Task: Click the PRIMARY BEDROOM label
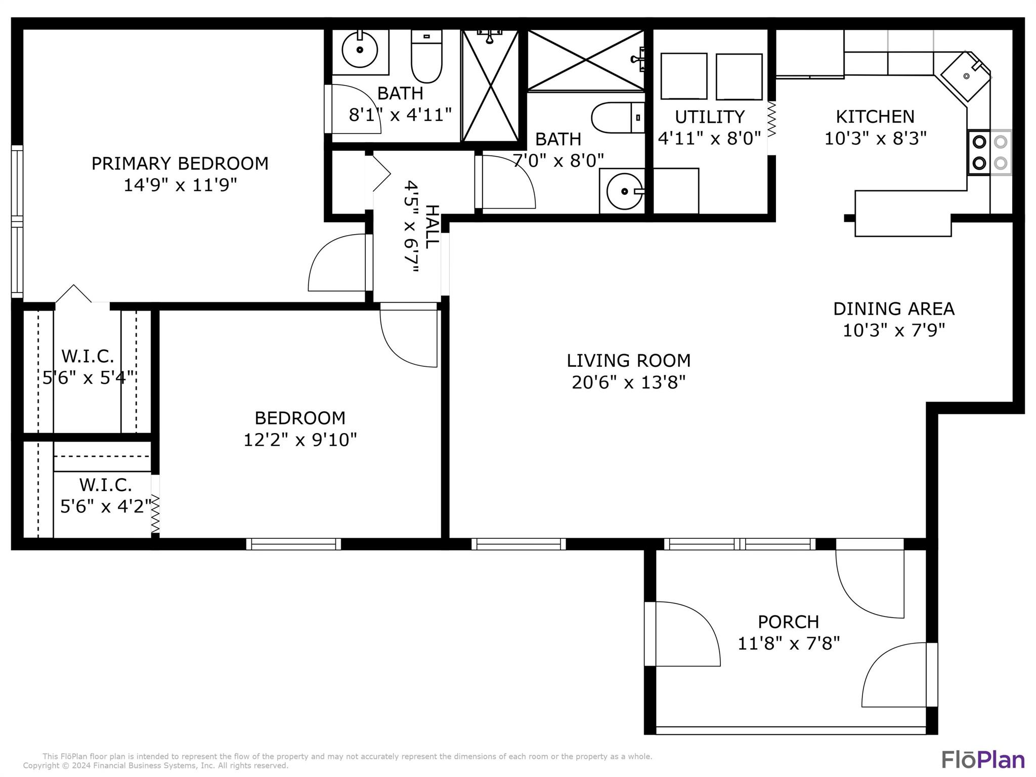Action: pyautogui.click(x=180, y=163)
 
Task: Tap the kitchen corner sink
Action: pyautogui.click(x=966, y=76)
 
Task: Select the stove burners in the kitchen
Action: pyautogui.click(x=990, y=153)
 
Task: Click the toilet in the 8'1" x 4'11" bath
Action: pyautogui.click(x=426, y=56)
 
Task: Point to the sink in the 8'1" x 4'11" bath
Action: pyautogui.click(x=360, y=50)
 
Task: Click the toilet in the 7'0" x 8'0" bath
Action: pyautogui.click(x=618, y=117)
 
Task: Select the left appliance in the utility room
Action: pyautogui.click(x=683, y=76)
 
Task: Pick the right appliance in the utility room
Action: pyautogui.click(x=739, y=77)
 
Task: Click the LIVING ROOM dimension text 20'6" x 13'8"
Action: pyautogui.click(x=629, y=382)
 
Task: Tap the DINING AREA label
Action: pyautogui.click(x=894, y=309)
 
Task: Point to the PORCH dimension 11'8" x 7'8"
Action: pyautogui.click(x=789, y=643)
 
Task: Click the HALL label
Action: pyautogui.click(x=431, y=227)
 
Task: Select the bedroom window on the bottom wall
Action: pyautogui.click(x=293, y=544)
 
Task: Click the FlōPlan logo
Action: pyautogui.click(x=983, y=760)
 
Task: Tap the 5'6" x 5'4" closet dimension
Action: pyautogui.click(x=88, y=377)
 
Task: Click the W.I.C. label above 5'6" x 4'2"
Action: pyautogui.click(x=105, y=485)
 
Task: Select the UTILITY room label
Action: pyautogui.click(x=710, y=117)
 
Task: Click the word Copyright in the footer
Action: pyautogui.click(x=41, y=766)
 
